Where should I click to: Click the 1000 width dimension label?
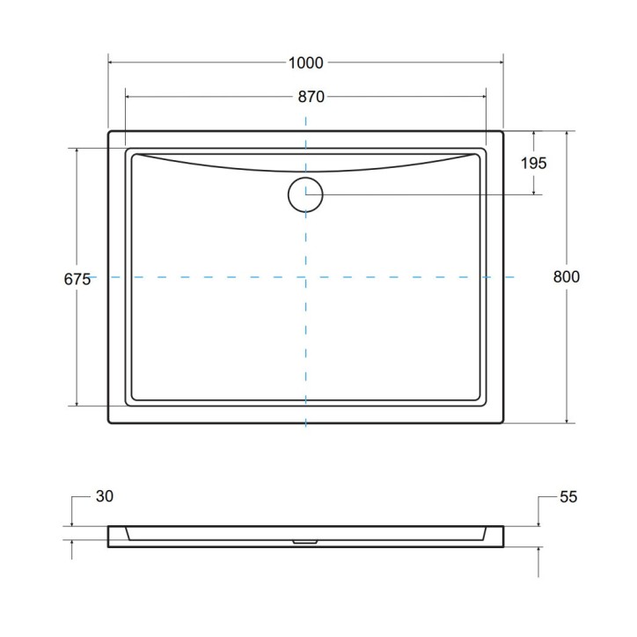tap(305, 62)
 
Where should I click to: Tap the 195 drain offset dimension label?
tap(533, 163)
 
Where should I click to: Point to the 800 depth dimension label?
tap(567, 276)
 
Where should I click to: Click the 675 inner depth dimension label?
tap(77, 279)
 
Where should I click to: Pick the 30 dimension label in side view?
tap(104, 497)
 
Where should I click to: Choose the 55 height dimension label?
tap(567, 497)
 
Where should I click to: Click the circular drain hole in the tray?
tap(305, 194)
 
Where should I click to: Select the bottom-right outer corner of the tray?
tap(502, 423)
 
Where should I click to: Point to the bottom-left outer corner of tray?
tap(109, 423)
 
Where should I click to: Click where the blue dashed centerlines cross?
tap(305, 277)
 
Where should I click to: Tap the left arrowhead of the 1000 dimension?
tap(111, 62)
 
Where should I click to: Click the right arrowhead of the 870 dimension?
tap(484, 97)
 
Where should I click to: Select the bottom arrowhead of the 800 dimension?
tap(567, 421)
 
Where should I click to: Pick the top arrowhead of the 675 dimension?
tap(77, 150)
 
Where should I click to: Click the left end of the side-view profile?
tap(110, 537)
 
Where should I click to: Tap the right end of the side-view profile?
tap(502, 537)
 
